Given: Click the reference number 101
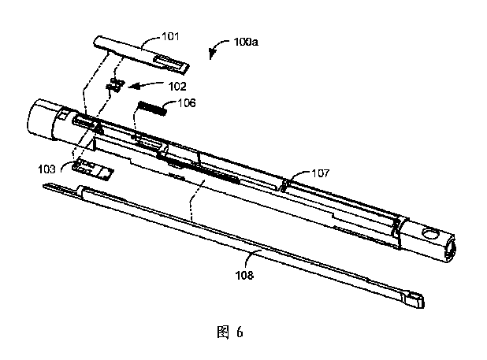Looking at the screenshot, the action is tap(170, 36).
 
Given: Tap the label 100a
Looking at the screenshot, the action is tap(246, 42).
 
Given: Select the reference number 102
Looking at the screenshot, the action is tap(177, 87).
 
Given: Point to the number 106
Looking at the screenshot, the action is tap(187, 102).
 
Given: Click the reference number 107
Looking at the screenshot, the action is tap(320, 173).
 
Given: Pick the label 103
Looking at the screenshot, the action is tap(47, 169).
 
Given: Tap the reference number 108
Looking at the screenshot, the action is tap(244, 275).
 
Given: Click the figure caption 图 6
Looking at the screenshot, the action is tap(230, 332).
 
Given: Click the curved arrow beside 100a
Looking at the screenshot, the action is tap(217, 46).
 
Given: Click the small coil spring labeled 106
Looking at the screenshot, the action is tap(151, 108).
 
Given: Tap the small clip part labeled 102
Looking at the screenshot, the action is tap(115, 85).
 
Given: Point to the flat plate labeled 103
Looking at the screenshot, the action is tap(93, 169).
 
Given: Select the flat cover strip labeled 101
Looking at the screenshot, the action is tap(141, 54).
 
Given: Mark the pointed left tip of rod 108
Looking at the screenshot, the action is tap(44, 185).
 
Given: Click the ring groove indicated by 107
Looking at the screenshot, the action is tap(284, 186).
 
